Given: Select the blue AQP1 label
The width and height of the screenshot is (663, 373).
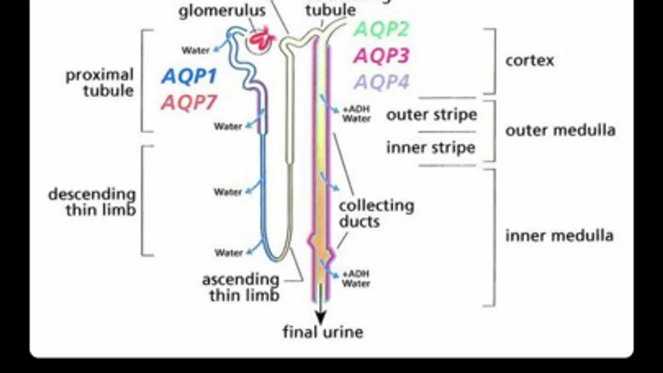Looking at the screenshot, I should pyautogui.click(x=189, y=77).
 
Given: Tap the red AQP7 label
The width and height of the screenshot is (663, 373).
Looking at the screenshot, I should pyautogui.click(x=189, y=102).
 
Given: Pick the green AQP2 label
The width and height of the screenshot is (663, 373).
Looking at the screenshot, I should pyautogui.click(x=381, y=29).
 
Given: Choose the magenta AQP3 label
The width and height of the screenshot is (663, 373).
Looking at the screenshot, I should pyautogui.click(x=381, y=56).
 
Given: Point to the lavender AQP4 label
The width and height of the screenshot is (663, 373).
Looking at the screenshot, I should pyautogui.click(x=381, y=82).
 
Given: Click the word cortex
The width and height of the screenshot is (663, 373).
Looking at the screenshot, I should pyautogui.click(x=529, y=61).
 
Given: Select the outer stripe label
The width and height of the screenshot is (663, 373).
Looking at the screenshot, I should pyautogui.click(x=431, y=114).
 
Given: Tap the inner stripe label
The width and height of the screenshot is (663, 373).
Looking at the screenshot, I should pyautogui.click(x=430, y=148).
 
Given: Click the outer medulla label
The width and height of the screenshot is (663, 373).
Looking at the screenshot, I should pyautogui.click(x=560, y=130).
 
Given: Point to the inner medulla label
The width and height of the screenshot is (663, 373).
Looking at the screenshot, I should pyautogui.click(x=559, y=235).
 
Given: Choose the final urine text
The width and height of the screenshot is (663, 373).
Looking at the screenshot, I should pyautogui.click(x=323, y=332).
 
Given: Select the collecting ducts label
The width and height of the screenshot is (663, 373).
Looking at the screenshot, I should pyautogui.click(x=376, y=213).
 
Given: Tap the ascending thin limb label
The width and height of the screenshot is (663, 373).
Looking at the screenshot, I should pyautogui.click(x=241, y=287).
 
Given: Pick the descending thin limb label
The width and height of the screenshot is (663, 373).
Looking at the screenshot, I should pyautogui.click(x=92, y=202).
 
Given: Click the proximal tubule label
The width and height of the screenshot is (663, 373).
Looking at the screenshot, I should pyautogui.click(x=100, y=82).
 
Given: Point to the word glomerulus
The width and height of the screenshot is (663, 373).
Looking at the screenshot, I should pyautogui.click(x=222, y=10).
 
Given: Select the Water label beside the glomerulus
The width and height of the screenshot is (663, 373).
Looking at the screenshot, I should pyautogui.click(x=195, y=51).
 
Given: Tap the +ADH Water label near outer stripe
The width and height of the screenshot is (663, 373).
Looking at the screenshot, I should pyautogui.click(x=356, y=114).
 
